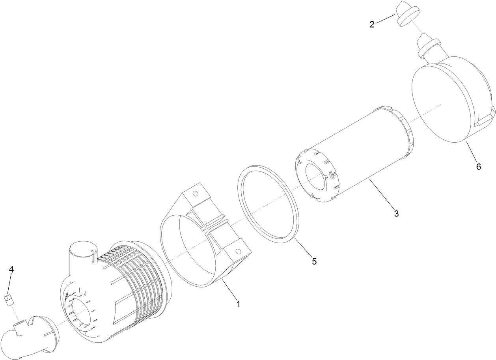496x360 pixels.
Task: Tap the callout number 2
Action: (x=372, y=24)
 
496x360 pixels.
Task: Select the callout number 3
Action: (x=396, y=214)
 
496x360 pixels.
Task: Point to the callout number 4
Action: (x=11, y=269)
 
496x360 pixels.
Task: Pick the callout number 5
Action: (x=314, y=261)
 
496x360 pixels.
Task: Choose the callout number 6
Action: (x=478, y=166)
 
